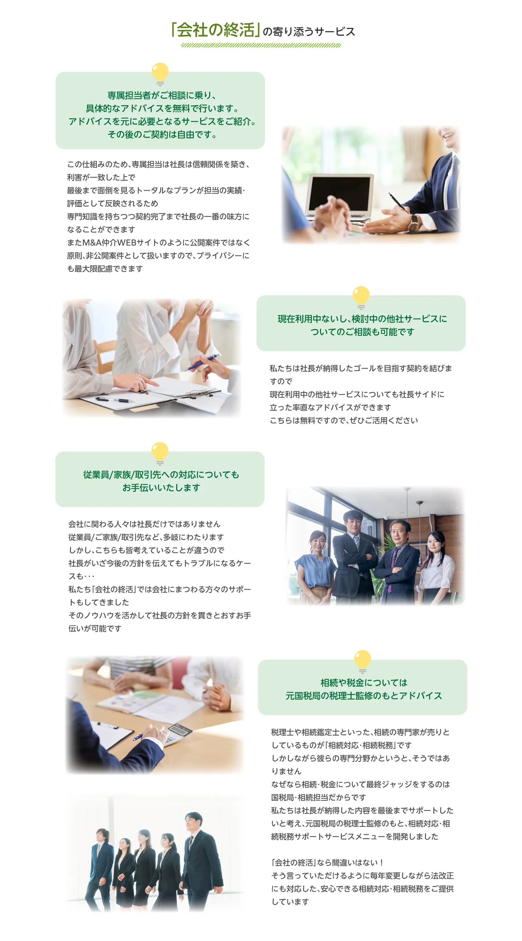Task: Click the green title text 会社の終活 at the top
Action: (216, 30)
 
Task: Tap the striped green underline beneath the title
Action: (261, 45)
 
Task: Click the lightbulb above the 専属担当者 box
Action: (160, 74)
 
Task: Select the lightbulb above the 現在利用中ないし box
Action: (361, 298)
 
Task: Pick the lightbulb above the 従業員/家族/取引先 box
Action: (160, 454)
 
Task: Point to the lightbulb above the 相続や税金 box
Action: (362, 662)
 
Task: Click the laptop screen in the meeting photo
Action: (340, 193)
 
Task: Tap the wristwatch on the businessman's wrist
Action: (414, 223)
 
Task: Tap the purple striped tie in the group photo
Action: (392, 570)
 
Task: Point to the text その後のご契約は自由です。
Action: (162, 135)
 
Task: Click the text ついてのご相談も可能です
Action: (362, 332)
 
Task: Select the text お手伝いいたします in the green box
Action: (161, 488)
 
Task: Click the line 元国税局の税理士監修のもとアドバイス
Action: (364, 696)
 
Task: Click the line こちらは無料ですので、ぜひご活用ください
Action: (344, 420)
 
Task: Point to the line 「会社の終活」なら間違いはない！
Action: (328, 862)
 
